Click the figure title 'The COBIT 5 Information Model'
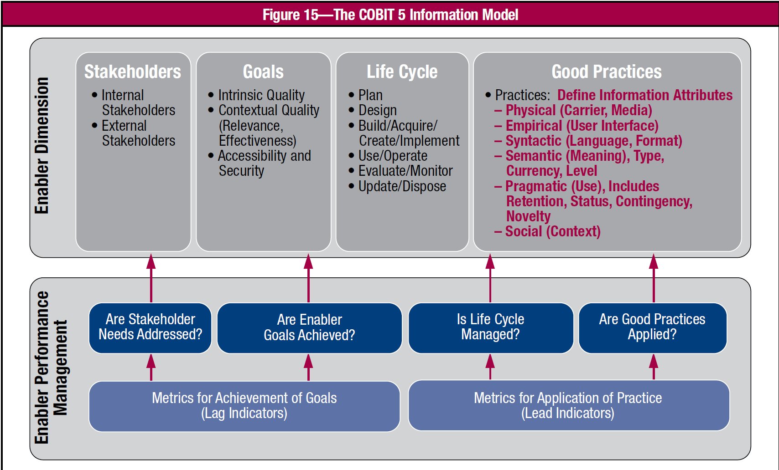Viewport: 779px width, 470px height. (x=426, y=15)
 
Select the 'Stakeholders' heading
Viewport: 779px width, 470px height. (x=133, y=72)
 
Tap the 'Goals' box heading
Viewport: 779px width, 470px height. (x=263, y=72)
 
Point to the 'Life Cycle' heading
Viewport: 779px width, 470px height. (x=402, y=72)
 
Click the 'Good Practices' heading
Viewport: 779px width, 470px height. (x=607, y=72)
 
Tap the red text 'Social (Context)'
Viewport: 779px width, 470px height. (x=553, y=231)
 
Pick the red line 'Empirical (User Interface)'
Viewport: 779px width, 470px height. (x=582, y=125)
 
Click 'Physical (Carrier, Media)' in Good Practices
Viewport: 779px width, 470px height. (x=579, y=110)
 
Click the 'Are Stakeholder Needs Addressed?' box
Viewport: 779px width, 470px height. (x=150, y=328)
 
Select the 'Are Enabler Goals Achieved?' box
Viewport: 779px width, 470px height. (x=310, y=328)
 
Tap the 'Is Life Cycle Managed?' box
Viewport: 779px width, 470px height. (x=491, y=328)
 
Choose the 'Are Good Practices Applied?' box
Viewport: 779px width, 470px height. (x=652, y=328)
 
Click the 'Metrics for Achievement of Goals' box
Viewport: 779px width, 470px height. (x=244, y=406)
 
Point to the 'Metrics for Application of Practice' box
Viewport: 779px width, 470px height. (x=569, y=405)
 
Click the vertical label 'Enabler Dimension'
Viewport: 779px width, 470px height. (x=42, y=146)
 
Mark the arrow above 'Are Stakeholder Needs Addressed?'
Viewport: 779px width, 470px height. (x=151, y=278)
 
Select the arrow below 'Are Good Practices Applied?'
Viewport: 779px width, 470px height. (x=654, y=367)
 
